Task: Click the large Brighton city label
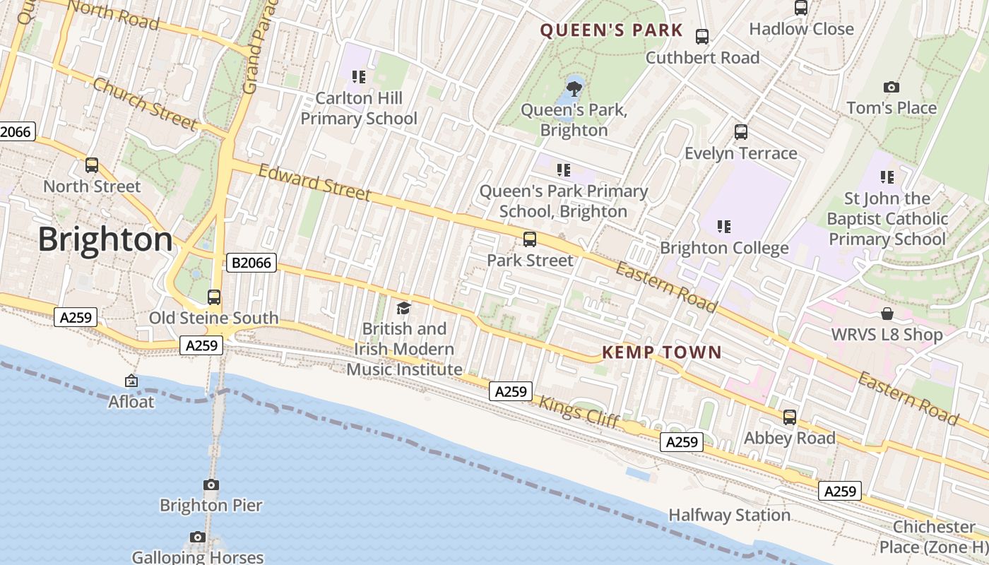pyautogui.click(x=105, y=240)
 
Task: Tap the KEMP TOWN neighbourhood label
pyautogui.click(x=662, y=352)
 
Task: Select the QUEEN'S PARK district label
pyautogui.click(x=611, y=30)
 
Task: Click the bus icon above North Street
pyautogui.click(x=92, y=165)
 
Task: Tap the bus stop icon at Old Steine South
pyautogui.click(x=214, y=297)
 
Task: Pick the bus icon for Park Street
pyautogui.click(x=530, y=239)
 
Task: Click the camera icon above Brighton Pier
pyautogui.click(x=211, y=484)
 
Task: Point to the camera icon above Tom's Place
pyautogui.click(x=892, y=87)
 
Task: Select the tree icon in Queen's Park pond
pyautogui.click(x=574, y=88)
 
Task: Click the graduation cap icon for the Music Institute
pyautogui.click(x=403, y=308)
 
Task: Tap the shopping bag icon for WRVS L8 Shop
pyautogui.click(x=887, y=314)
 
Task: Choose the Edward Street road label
pyautogui.click(x=314, y=182)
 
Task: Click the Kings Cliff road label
pyautogui.click(x=579, y=412)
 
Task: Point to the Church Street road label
pyautogui.click(x=145, y=104)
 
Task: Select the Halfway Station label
pyautogui.click(x=729, y=515)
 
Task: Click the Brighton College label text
pyautogui.click(x=724, y=248)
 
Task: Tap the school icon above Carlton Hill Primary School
pyautogui.click(x=359, y=76)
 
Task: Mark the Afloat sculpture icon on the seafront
pyautogui.click(x=131, y=381)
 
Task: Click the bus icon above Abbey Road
pyautogui.click(x=790, y=417)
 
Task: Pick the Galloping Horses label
pyautogui.click(x=198, y=557)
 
